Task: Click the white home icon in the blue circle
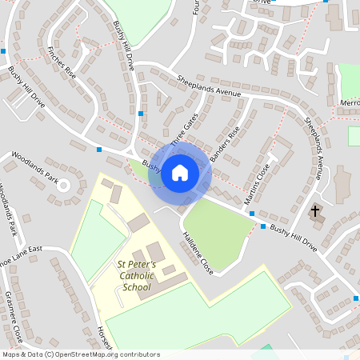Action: (x=180, y=172)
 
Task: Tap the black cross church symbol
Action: (x=315, y=212)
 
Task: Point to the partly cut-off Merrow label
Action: (x=349, y=103)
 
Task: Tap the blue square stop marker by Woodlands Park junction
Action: (x=99, y=149)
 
